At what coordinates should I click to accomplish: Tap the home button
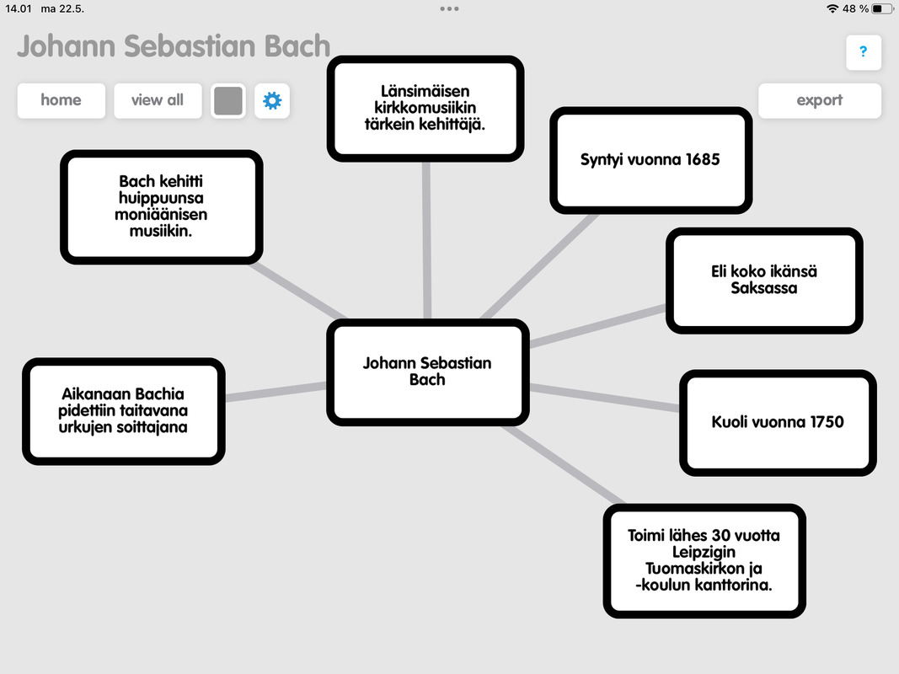62,100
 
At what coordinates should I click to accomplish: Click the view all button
158,100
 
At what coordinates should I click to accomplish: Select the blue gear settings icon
272,101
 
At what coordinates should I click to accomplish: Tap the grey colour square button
228,101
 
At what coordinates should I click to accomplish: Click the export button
819,100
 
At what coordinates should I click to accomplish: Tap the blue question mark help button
863,52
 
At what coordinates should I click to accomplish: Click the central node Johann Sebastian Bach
427,372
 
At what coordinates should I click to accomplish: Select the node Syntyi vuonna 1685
650,159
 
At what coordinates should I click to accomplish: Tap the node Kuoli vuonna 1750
778,422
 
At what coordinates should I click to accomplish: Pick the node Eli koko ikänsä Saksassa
764,280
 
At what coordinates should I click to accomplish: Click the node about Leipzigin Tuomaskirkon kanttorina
704,560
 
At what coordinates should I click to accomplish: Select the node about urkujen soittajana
123,410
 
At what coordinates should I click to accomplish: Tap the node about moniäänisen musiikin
161,206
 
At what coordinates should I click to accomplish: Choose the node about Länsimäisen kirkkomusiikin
425,108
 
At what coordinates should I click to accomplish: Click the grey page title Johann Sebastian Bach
174,45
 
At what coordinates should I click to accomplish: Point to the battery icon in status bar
881,8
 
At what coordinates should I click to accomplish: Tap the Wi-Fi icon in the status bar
832,8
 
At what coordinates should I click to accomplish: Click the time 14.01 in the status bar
18,8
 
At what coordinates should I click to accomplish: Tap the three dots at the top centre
449,8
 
